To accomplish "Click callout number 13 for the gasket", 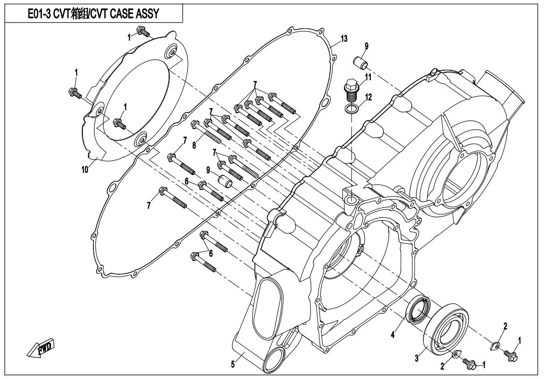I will tap(344, 39).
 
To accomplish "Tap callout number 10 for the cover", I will tap(85, 170).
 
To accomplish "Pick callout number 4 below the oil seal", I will tap(393, 336).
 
